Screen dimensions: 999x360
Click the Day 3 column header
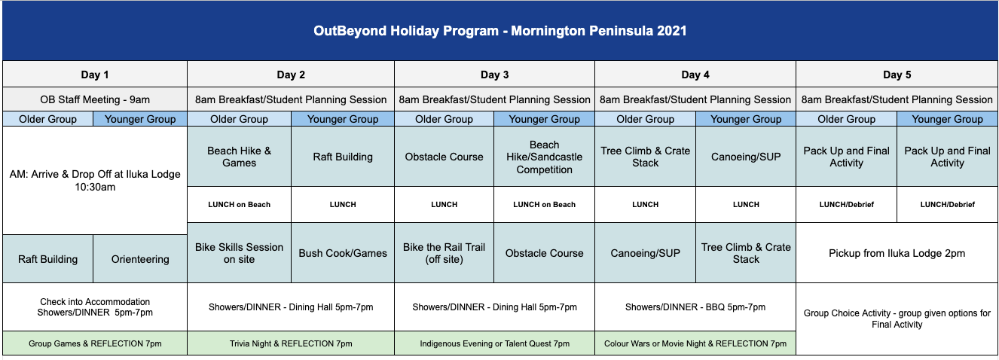click(494, 75)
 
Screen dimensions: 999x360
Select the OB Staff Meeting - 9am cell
click(95, 99)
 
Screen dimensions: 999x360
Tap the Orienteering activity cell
click(140, 259)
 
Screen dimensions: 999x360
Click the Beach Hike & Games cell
click(239, 157)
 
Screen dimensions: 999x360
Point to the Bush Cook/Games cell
click(343, 253)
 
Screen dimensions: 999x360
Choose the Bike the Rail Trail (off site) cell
click(444, 253)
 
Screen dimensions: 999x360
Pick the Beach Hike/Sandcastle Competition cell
click(544, 157)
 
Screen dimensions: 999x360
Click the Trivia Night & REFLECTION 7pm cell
click(291, 343)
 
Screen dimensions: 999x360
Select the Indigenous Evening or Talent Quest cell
click(494, 343)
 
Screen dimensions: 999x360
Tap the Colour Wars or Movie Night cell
click(695, 343)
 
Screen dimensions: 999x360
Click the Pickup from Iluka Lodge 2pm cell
click(897, 253)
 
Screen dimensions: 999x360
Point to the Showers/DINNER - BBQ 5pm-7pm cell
click(695, 307)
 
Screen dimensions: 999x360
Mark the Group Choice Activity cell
click(897, 319)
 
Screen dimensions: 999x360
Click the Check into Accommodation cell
click(95, 307)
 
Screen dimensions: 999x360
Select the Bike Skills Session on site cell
click(239, 253)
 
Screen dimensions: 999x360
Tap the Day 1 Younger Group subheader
click(140, 119)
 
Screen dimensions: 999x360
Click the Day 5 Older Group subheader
click(847, 119)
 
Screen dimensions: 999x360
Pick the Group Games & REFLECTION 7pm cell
click(95, 343)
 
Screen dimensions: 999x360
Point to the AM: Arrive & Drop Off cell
click(95, 181)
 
